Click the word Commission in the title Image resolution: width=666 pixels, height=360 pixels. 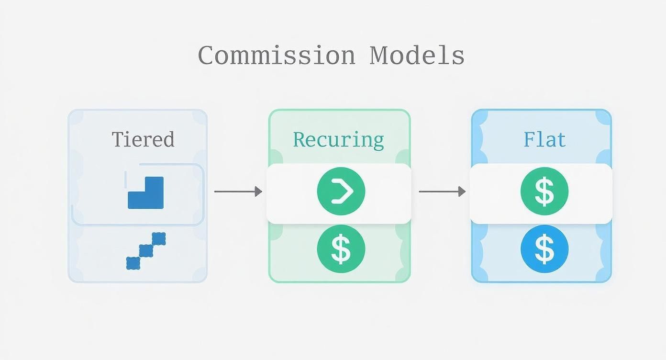pos(276,56)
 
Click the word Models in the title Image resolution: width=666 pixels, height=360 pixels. pos(417,56)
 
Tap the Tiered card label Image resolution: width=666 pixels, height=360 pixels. pos(143,139)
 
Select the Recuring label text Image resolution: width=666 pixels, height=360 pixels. pos(338,139)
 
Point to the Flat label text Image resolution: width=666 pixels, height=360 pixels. pos(544,139)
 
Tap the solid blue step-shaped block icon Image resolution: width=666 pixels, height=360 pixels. pos(146,193)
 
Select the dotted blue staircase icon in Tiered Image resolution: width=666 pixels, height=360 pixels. pos(146,251)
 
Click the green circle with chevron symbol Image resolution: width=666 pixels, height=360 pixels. pos(341,191)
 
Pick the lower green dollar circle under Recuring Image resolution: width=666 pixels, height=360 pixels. pos(341,249)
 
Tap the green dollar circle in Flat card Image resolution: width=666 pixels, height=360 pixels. pos(544,191)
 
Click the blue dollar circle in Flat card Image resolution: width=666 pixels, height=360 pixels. pos(544,249)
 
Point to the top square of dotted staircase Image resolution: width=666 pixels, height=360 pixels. pos(159,238)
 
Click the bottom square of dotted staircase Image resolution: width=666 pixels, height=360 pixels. pos(133,263)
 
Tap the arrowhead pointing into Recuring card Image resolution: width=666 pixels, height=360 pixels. pos(259,191)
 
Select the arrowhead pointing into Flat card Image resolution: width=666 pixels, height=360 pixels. pos(462,191)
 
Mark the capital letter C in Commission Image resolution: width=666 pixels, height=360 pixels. pos(206,56)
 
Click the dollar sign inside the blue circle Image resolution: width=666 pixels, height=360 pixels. pos(544,249)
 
